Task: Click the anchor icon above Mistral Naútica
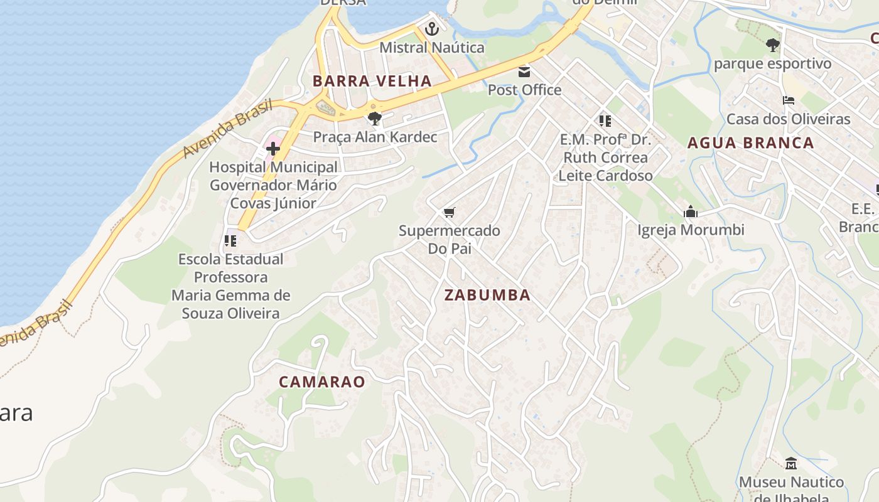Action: click(x=431, y=29)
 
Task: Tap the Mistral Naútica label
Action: click(x=432, y=48)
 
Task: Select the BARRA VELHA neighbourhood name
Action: click(x=372, y=81)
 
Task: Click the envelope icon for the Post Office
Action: click(x=524, y=72)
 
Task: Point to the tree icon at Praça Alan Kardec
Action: click(x=375, y=118)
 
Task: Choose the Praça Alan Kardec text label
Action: click(x=375, y=137)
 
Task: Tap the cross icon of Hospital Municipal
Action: click(x=273, y=149)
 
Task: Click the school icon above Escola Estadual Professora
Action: click(x=230, y=240)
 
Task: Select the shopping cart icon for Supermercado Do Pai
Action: click(x=449, y=213)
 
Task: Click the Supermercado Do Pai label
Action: click(x=450, y=240)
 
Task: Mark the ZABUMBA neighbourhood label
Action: click(x=487, y=295)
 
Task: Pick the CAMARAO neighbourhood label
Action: click(x=322, y=382)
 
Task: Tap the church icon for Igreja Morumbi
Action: click(x=691, y=211)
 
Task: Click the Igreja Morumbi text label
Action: click(x=691, y=230)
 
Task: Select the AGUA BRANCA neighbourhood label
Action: click(x=751, y=143)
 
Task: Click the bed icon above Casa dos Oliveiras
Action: click(x=789, y=100)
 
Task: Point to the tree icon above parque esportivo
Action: click(x=773, y=45)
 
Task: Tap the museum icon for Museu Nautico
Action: click(x=791, y=464)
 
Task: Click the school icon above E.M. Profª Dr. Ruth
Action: click(x=605, y=120)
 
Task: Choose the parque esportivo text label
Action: click(x=772, y=64)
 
